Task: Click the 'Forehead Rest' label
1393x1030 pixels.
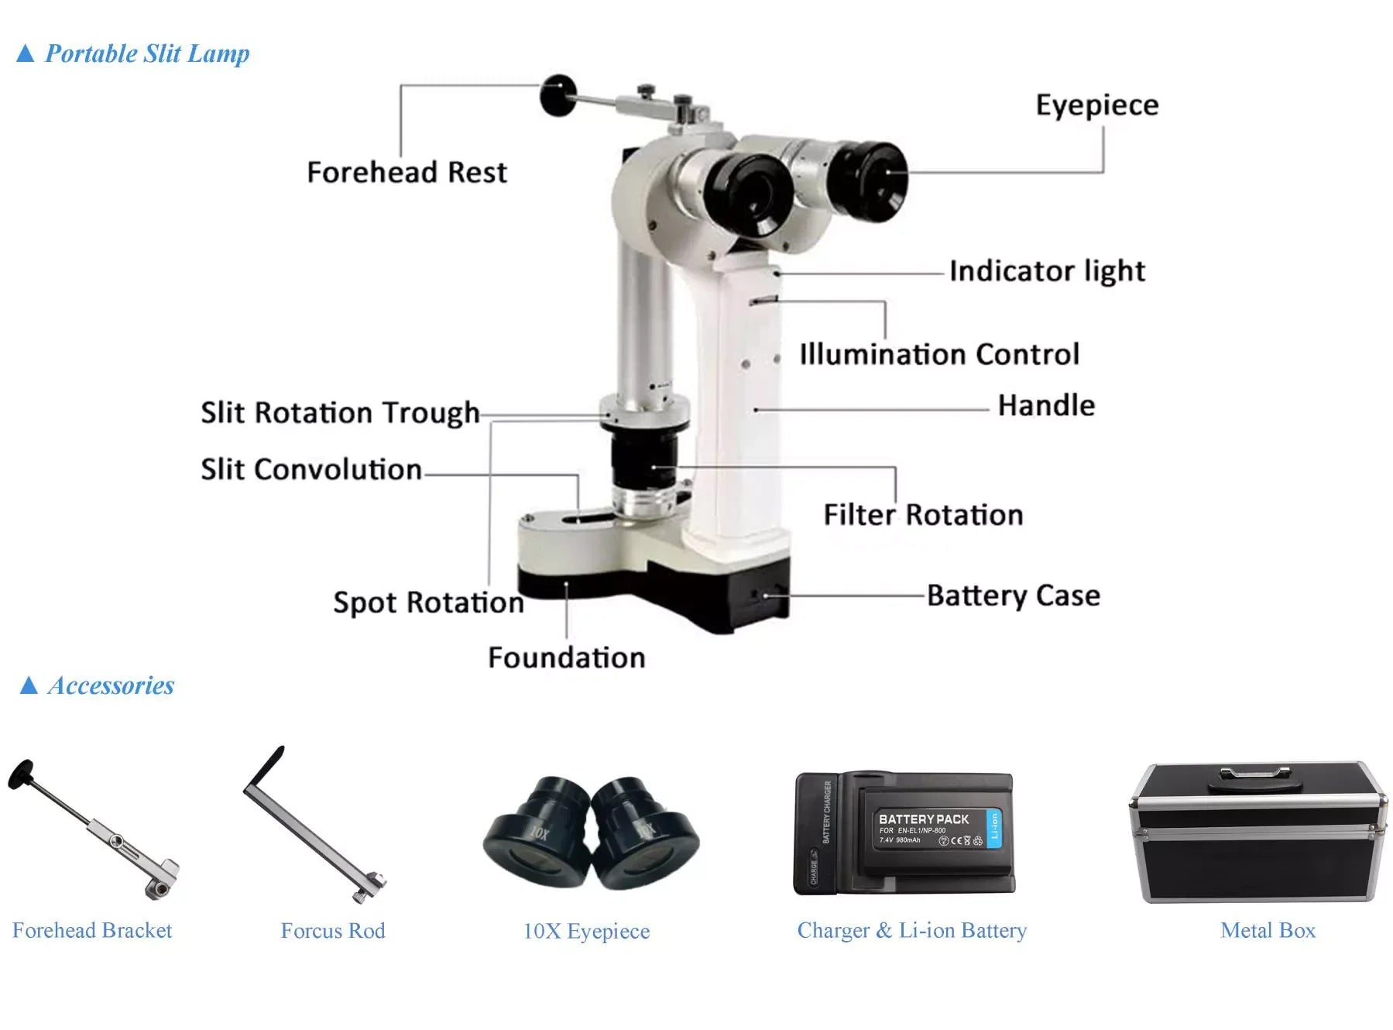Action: click(407, 172)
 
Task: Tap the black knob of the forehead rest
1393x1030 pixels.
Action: click(558, 94)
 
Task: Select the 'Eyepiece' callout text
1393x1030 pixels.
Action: click(1096, 105)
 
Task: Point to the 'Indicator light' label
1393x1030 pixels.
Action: click(1047, 271)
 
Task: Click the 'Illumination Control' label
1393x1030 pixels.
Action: click(938, 355)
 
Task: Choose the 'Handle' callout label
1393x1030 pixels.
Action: click(1046, 406)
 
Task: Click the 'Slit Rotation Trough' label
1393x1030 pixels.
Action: click(340, 413)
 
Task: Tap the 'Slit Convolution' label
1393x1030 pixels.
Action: click(311, 469)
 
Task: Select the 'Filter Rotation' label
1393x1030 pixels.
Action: click(923, 515)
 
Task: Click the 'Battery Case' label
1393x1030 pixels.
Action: click(1013, 596)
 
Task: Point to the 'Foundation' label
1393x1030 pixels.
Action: click(566, 657)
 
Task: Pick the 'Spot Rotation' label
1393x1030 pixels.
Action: click(428, 603)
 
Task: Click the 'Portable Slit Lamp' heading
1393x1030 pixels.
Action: click(147, 53)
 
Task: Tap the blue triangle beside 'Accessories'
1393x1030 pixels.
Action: click(29, 685)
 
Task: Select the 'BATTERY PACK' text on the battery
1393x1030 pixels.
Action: click(923, 819)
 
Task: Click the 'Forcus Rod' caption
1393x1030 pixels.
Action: click(333, 931)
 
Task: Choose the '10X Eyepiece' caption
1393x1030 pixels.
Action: click(586, 931)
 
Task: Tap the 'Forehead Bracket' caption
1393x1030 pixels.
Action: click(92, 931)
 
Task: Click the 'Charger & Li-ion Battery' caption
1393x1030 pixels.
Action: click(911, 931)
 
